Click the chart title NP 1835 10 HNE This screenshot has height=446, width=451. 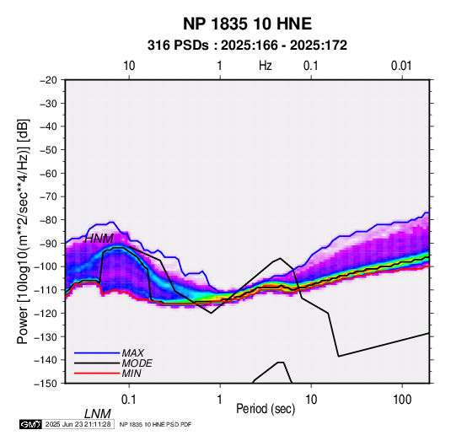247,24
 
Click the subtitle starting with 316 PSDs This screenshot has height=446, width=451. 247,46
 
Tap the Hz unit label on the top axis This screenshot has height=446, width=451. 265,66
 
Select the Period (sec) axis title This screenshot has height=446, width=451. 266,409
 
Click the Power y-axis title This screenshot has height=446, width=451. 23,231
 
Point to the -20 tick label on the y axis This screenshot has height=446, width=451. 48,80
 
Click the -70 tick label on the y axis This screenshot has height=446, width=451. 48,196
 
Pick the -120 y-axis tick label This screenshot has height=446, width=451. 46,313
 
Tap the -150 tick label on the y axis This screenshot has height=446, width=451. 46,384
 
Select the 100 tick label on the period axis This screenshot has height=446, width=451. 402,400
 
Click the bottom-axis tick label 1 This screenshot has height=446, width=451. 220,400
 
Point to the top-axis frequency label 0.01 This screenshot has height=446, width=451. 401,66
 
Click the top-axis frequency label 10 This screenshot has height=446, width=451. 129,66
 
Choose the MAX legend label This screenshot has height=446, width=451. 133,353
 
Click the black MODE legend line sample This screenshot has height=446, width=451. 97,363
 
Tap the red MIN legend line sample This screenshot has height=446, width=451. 97,373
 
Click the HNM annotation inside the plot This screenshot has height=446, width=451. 99,239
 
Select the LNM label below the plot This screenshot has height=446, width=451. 98,414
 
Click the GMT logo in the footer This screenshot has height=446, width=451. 30,424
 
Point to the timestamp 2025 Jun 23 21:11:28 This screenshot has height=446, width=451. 78,424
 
